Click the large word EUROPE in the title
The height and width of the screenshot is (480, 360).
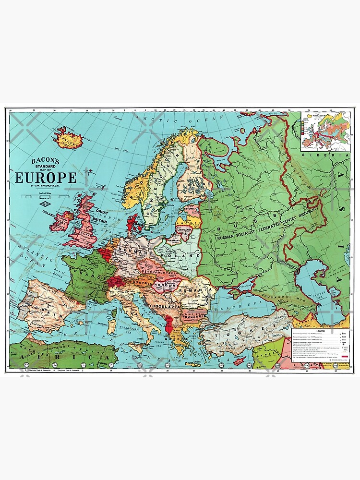46,178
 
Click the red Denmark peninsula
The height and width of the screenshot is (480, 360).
131,225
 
